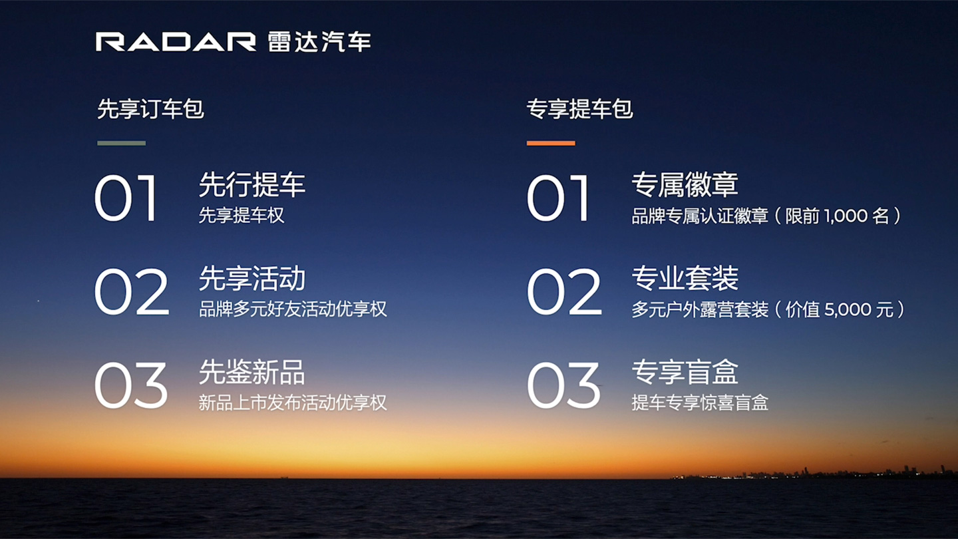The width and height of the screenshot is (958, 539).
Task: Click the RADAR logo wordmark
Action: pos(176,42)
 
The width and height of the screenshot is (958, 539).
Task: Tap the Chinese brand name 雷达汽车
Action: pos(319,42)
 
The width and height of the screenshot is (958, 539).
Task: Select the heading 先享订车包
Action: pos(150,108)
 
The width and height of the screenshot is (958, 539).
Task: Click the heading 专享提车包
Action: pos(579,108)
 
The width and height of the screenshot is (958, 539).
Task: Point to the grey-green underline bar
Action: pos(122,143)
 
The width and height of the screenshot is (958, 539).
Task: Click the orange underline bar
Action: pos(551,143)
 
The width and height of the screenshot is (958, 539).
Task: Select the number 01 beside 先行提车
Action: pos(125,198)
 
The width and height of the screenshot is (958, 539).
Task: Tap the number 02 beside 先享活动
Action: pos(131,291)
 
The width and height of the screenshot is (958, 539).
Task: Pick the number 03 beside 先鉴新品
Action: pos(130,385)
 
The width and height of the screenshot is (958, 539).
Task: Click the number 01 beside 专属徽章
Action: pos(558,198)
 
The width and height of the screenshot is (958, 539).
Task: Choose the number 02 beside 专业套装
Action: pos(564,291)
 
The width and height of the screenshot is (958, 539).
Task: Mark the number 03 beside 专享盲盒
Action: pos(563,385)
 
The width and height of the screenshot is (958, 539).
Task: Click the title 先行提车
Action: pos(252,185)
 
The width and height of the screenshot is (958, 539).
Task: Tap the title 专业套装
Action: pos(685,278)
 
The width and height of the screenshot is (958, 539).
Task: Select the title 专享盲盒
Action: pos(685,372)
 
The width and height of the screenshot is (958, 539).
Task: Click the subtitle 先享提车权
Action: pos(241,215)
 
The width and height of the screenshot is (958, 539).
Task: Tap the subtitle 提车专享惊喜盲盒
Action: pos(700,403)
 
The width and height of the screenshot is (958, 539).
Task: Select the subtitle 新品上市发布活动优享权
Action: pos(293,403)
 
